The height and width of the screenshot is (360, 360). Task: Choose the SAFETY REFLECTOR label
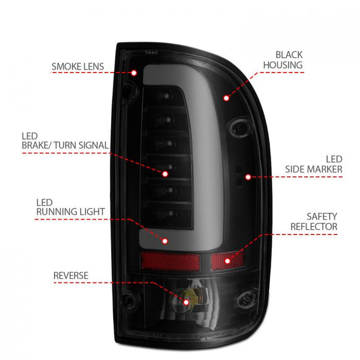click(313, 222)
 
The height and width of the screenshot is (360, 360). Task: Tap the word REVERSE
click(70, 275)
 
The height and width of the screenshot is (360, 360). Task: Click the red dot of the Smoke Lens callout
click(133, 73)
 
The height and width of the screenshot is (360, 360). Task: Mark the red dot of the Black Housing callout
click(227, 97)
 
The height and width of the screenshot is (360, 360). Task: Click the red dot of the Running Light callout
click(165, 240)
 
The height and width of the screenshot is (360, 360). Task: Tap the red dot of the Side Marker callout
click(248, 177)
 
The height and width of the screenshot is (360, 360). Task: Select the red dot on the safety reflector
click(227, 261)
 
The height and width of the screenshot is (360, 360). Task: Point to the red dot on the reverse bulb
click(187, 302)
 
